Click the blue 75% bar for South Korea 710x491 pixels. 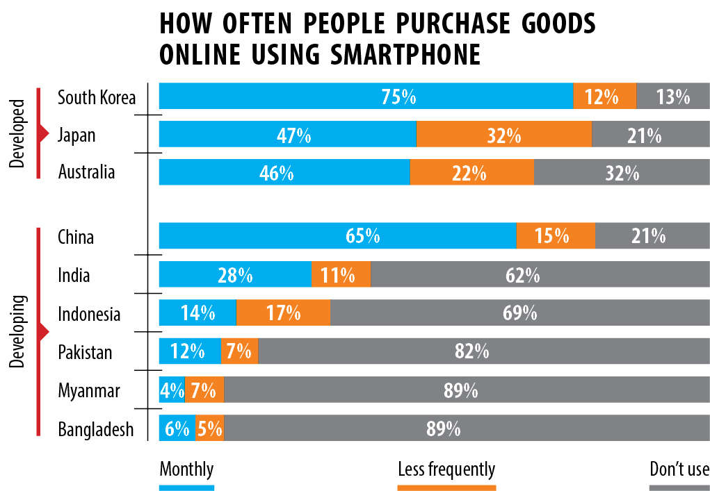tap(366, 97)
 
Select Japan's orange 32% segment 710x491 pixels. tap(504, 135)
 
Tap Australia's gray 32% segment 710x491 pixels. tap(622, 172)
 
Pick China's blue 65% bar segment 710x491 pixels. tap(337, 236)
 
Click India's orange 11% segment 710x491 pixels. tap(341, 275)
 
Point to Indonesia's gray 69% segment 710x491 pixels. tap(520, 313)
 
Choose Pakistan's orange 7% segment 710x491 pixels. tap(239, 351)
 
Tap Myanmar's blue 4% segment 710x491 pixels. tap(172, 390)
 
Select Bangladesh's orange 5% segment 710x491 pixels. tap(209, 428)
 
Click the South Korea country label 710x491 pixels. tap(97, 97)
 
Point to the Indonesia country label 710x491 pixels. tap(89, 314)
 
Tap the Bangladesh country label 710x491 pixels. tap(95, 429)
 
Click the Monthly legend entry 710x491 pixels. tap(186, 469)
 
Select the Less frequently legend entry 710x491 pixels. tap(446, 469)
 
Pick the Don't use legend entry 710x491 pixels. tap(679, 469)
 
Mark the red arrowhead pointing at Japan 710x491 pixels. tap(45, 134)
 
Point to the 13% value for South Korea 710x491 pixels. tap(672, 97)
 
